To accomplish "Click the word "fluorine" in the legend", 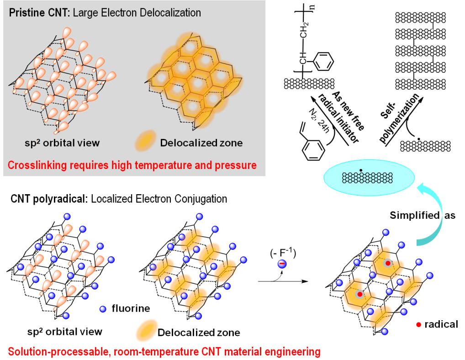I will [x=130, y=309].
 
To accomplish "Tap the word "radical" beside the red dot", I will [x=440, y=324].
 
